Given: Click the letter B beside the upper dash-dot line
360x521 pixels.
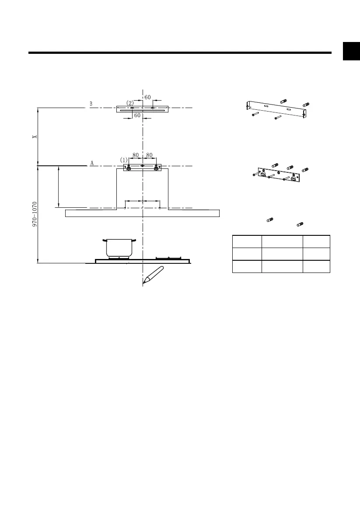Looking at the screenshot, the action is (x=91, y=104).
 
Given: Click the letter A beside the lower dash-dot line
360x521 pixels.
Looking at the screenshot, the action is (x=92, y=163).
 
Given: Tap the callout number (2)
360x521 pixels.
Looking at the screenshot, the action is (x=130, y=102).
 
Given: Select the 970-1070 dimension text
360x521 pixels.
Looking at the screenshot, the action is (x=35, y=213).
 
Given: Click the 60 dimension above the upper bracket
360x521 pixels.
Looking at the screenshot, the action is (x=147, y=97).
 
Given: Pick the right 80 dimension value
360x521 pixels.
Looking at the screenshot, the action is (x=149, y=155).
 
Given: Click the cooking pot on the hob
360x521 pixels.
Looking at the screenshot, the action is (x=119, y=248).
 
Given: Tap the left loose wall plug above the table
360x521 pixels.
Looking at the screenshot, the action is (x=270, y=220).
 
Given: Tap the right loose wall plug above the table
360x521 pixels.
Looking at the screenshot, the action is (x=300, y=224).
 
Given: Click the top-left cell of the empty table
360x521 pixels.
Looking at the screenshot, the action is (x=246, y=241).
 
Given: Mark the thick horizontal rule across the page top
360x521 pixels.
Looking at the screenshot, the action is (x=179, y=53).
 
